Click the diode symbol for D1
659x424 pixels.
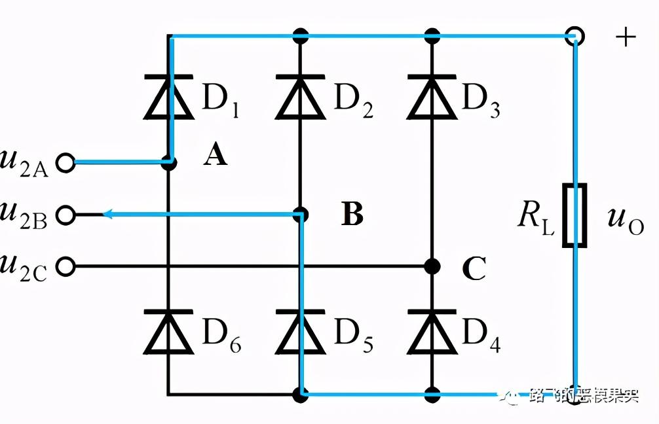[169, 98]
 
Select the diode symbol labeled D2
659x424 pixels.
[301, 98]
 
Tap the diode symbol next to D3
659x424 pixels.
[432, 98]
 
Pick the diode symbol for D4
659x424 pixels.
[432, 330]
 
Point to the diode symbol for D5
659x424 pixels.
[301, 330]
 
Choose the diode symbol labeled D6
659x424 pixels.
[169, 330]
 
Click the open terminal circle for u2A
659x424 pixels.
[66, 162]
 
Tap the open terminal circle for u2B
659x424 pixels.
[66, 215]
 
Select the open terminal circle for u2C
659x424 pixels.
[66, 266]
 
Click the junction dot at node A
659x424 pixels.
[169, 162]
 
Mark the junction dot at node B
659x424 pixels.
[301, 215]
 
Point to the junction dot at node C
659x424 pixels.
[432, 266]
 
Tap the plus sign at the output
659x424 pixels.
[626, 37]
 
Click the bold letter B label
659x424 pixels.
[352, 215]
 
